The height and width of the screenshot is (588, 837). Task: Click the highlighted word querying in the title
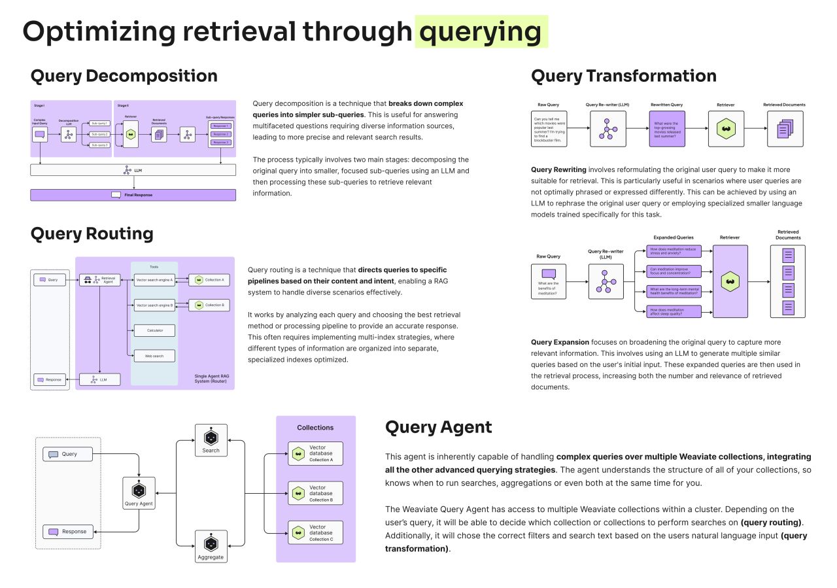[x=481, y=31]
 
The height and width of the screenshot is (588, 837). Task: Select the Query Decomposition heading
[x=124, y=76]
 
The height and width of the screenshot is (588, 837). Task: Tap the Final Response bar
[x=133, y=195]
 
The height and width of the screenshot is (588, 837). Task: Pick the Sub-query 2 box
[x=99, y=133]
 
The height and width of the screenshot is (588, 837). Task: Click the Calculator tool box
[x=154, y=330]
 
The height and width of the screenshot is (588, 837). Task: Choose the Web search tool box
[x=154, y=356]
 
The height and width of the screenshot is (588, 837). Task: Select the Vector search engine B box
[x=154, y=305]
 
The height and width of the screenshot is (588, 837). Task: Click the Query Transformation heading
[x=623, y=76]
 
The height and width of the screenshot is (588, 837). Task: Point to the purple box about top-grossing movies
[x=666, y=129]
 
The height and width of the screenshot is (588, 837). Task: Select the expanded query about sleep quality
[x=674, y=311]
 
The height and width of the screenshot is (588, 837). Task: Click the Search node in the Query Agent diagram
[x=211, y=440]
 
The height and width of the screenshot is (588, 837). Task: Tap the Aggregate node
[x=211, y=547]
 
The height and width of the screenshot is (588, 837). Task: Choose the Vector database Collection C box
[x=315, y=532]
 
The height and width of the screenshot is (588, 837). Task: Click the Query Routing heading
[x=92, y=233]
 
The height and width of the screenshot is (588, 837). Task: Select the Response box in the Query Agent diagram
[x=68, y=532]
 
